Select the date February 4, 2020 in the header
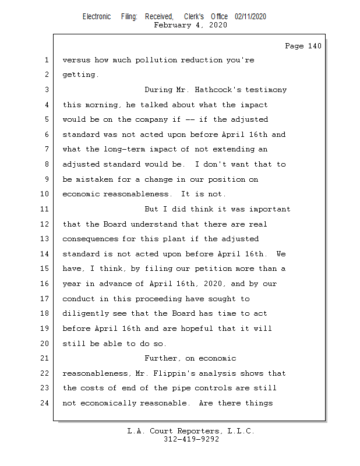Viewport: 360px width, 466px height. coord(190,25)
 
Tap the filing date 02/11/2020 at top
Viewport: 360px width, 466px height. coord(250,16)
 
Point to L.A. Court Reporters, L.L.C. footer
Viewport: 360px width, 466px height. coord(190,431)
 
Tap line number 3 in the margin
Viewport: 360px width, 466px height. coord(47,90)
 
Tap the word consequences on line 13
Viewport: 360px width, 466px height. coord(91,239)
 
